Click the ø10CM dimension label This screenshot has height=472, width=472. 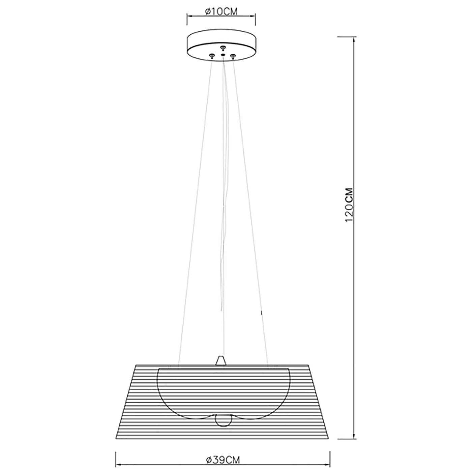[221, 11]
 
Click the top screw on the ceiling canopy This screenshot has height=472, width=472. [223, 48]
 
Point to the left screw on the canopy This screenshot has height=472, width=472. [212, 56]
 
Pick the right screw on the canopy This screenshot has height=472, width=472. [233, 56]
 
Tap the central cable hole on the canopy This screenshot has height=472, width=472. [223, 54]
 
